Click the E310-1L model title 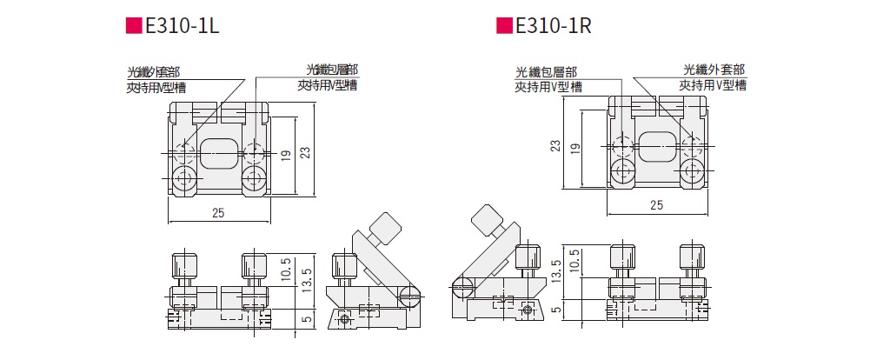pyautogui.click(x=182, y=26)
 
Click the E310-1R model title pyautogui.click(x=553, y=26)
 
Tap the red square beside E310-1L pyautogui.click(x=133, y=26)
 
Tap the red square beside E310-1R pyautogui.click(x=504, y=26)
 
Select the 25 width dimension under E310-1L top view pyautogui.click(x=218, y=214)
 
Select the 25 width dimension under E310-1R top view pyautogui.click(x=656, y=204)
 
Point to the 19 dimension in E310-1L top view pyautogui.click(x=286, y=156)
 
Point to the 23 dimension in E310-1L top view pyautogui.click(x=305, y=152)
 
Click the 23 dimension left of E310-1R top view pyautogui.click(x=556, y=145)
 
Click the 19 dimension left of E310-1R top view pyautogui.click(x=575, y=148)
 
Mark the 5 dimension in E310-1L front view pyautogui.click(x=305, y=320)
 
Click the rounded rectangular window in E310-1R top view pyautogui.click(x=657, y=146)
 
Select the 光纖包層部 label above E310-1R pyautogui.click(x=547, y=72)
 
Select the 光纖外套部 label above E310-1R pyautogui.click(x=714, y=70)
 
